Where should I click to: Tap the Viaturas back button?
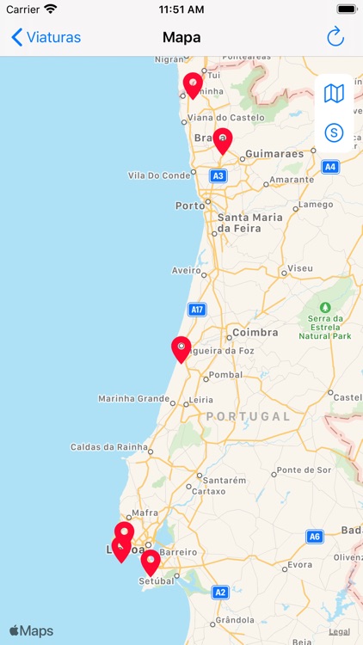[x=46, y=37]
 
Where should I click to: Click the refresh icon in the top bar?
[x=335, y=37]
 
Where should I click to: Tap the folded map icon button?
[x=334, y=93]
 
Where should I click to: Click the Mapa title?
[x=181, y=37]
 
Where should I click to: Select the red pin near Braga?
[x=223, y=139]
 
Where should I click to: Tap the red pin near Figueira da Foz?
[x=181, y=348]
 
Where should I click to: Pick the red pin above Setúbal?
[x=151, y=562]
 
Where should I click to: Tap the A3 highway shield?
[x=218, y=175]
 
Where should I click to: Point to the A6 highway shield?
[x=315, y=537]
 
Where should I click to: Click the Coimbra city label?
[x=255, y=332]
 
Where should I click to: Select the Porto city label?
[x=190, y=206]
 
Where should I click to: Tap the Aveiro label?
[x=185, y=270]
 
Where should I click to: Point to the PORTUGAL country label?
[x=249, y=415]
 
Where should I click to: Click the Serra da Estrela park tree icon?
[x=325, y=307]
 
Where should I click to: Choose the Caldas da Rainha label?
[x=109, y=446]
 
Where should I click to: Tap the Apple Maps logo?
[x=32, y=630]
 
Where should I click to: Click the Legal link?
[x=339, y=631]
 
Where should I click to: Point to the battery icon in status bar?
[x=346, y=9]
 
